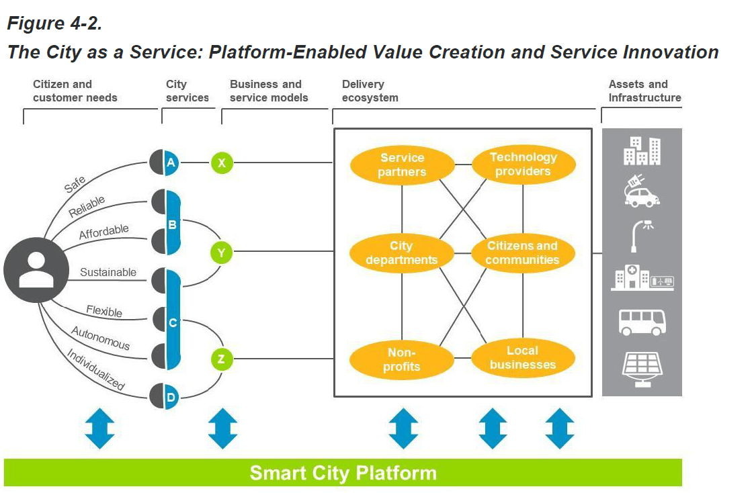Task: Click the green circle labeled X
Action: point(222,163)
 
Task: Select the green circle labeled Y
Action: point(222,253)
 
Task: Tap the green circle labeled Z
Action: point(222,359)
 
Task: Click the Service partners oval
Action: point(403,165)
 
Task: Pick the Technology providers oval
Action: point(524,165)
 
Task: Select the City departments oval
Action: point(402,253)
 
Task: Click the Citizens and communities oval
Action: point(523,253)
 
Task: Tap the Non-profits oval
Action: point(402,359)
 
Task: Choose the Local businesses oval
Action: point(523,358)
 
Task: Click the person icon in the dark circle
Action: point(36,270)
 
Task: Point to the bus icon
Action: point(642,322)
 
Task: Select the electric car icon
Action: point(642,191)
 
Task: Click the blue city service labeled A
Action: point(171,163)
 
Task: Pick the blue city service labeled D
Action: point(171,396)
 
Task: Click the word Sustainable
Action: point(108,272)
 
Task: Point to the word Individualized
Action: point(95,369)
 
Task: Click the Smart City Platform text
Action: point(343,473)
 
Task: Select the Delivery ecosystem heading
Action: point(370,91)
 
